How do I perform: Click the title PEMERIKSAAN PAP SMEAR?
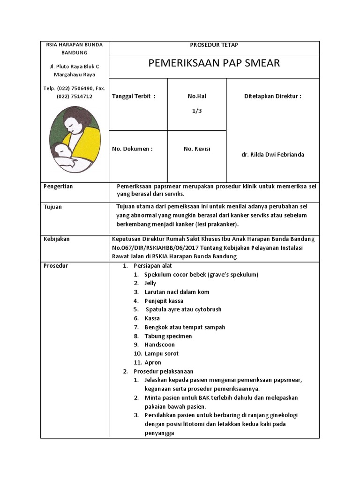214,63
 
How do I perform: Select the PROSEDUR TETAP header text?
214,45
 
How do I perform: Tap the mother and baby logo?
75,140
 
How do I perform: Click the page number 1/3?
197,111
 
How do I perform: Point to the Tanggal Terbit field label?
133,97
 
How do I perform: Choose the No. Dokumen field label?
132,149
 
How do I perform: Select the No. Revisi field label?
197,149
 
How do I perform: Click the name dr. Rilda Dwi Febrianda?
272,155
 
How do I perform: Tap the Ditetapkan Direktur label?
272,97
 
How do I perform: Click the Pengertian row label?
58,187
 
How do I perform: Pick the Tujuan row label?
52,207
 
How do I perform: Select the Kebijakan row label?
56,239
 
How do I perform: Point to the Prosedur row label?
56,266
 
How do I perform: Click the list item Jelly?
150,283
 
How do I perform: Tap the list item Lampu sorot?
161,353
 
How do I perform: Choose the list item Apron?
153,362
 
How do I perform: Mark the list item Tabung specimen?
168,336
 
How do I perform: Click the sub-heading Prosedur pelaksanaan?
163,371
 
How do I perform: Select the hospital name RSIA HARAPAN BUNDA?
74,45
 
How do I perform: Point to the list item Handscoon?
159,345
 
